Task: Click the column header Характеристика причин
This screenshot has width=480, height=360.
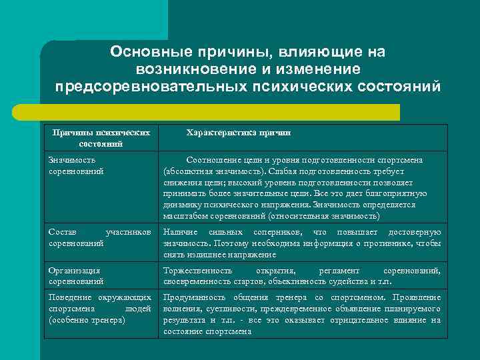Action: pyautogui.click(x=238, y=133)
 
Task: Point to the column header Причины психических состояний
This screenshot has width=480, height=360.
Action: pyautogui.click(x=101, y=138)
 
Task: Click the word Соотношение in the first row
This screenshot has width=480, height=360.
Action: pyautogui.click(x=216, y=160)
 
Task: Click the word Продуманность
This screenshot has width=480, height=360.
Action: pyautogui.click(x=197, y=297)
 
